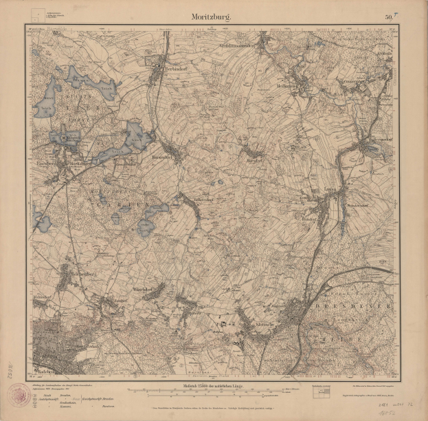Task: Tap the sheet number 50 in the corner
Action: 390,16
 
